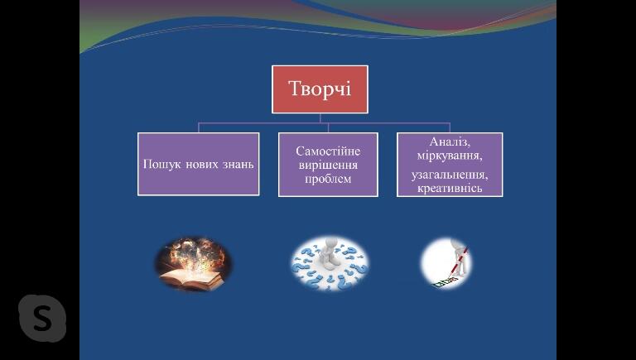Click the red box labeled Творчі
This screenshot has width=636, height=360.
320,89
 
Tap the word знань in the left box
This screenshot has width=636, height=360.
238,165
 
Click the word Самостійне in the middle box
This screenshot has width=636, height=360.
328,151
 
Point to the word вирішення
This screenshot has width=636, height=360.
328,165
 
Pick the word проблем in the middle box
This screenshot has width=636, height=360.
328,179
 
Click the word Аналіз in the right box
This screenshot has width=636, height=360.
450,142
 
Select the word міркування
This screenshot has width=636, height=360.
450,156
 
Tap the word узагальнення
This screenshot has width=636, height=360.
450,175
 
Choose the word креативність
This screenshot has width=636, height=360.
450,188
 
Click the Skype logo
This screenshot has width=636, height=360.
42,319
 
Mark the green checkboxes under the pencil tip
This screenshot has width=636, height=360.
445,282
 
